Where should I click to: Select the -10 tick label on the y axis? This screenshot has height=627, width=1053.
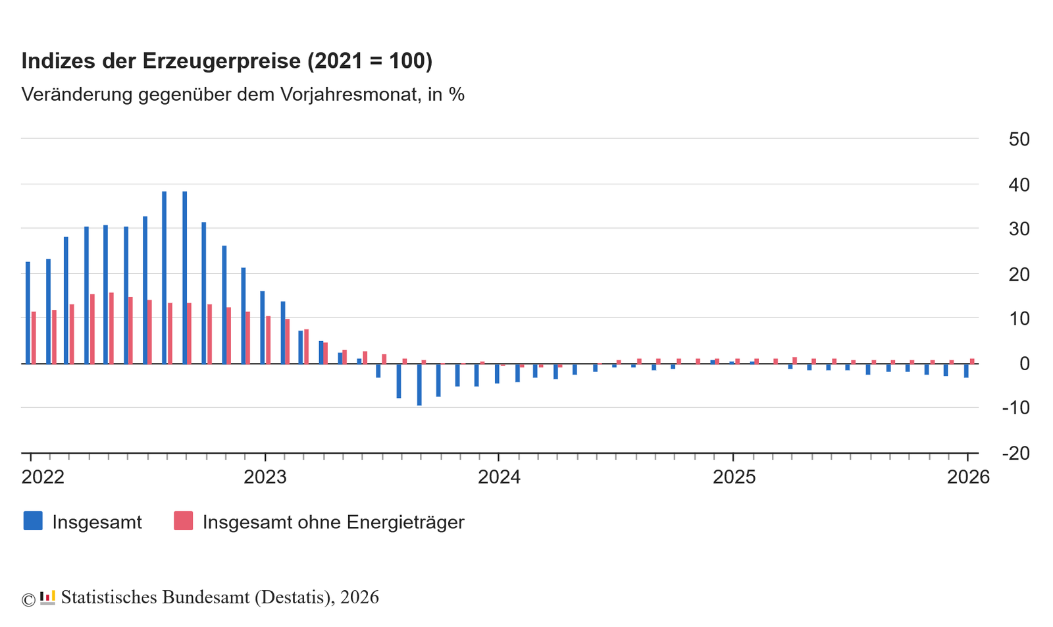click(1015, 408)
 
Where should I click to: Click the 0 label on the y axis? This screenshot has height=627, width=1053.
click(1024, 364)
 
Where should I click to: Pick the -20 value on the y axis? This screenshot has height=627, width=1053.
click(1015, 453)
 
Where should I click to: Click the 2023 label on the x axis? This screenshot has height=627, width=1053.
click(265, 477)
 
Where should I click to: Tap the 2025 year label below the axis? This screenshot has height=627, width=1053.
click(734, 477)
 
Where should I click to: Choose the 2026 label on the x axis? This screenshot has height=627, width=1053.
click(968, 477)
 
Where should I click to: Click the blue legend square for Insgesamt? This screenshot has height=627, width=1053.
click(33, 521)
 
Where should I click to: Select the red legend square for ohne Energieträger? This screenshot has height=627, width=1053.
click(183, 521)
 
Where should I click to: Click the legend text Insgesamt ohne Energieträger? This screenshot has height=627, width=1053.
click(333, 522)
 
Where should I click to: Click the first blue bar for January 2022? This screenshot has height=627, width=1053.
click(28, 313)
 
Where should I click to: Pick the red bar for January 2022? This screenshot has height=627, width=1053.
click(34, 337)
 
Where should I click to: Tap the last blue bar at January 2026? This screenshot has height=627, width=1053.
click(966, 370)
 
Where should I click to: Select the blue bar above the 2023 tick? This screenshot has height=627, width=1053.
click(263, 327)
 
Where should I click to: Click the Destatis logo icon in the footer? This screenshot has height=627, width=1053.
click(47, 597)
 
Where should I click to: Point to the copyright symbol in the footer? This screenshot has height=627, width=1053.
click(28, 599)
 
